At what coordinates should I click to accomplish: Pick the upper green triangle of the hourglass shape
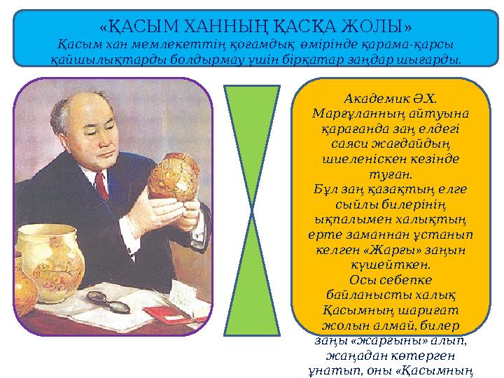tap(252, 140)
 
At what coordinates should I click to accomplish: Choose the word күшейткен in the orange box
tap(389, 266)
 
